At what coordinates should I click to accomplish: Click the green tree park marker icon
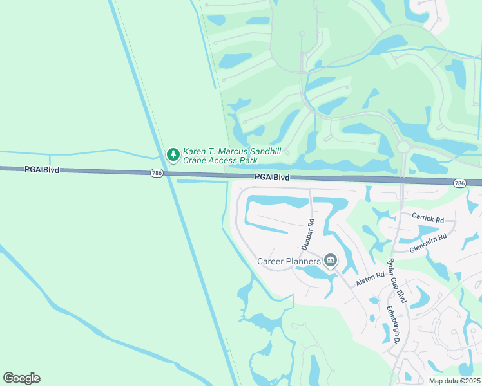173,154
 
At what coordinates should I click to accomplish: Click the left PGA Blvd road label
42,170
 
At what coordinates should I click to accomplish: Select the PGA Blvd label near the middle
271,177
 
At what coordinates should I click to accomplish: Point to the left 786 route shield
156,173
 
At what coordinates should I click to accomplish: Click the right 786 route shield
459,184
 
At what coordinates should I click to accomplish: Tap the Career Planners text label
289,261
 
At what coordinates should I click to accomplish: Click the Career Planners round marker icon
331,260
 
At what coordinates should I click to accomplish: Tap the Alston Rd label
369,279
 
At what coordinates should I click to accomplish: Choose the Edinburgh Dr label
393,325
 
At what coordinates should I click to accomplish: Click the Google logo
21,378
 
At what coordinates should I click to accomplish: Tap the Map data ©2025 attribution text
454,381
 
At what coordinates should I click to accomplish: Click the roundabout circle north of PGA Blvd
403,147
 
